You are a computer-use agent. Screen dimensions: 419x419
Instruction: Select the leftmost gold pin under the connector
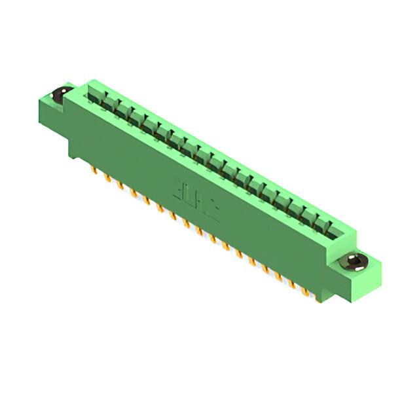94,172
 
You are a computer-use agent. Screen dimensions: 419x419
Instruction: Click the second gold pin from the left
107,178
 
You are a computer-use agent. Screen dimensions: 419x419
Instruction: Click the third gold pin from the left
120,185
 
